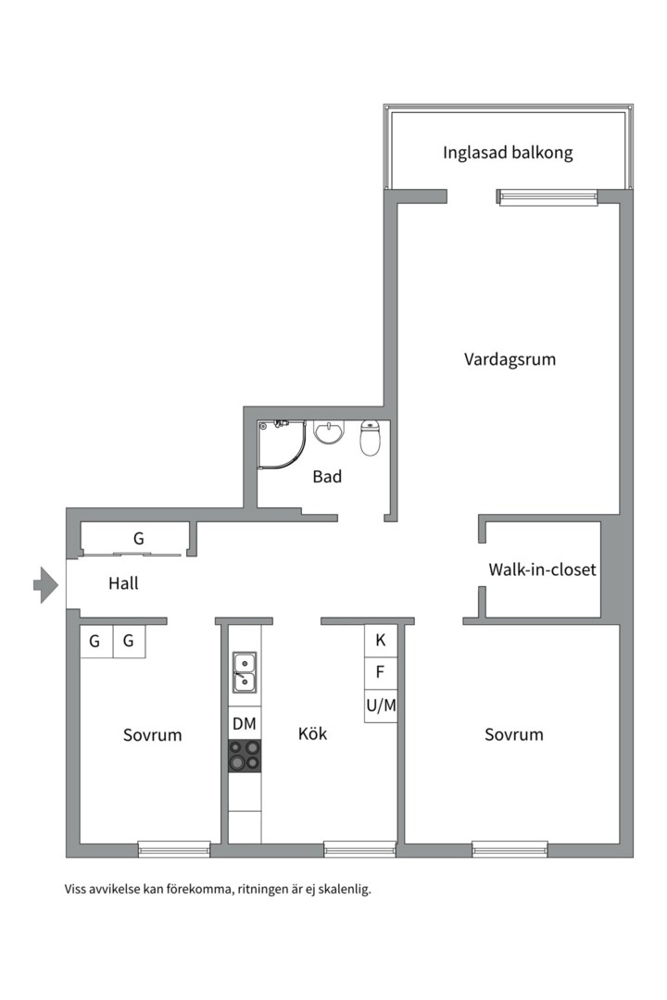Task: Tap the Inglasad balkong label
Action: click(508, 153)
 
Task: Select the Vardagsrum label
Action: click(510, 359)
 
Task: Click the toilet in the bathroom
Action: click(371, 437)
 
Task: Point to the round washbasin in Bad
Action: click(329, 431)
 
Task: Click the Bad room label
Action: click(327, 477)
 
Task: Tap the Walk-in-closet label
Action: click(543, 569)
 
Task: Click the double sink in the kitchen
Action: click(245, 672)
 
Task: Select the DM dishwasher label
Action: click(245, 723)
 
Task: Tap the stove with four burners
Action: click(245, 756)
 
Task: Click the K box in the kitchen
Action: click(381, 640)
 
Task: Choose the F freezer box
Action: click(381, 672)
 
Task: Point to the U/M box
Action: click(381, 706)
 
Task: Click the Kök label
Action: click(313, 733)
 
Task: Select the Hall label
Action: click(123, 583)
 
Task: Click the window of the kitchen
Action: click(360, 849)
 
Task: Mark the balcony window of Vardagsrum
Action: click(547, 197)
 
